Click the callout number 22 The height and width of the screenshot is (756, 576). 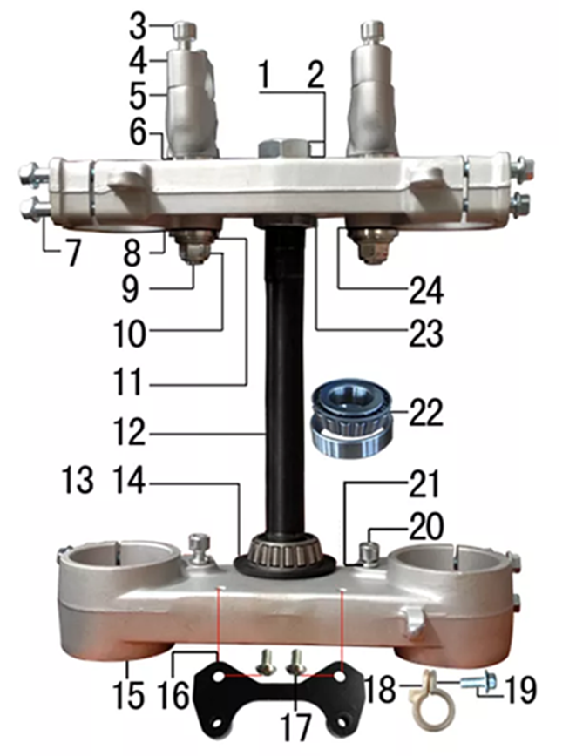click(x=426, y=413)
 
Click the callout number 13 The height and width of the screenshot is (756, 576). click(x=78, y=480)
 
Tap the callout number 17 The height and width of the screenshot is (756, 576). click(x=295, y=727)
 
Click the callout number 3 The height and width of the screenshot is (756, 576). click(x=138, y=28)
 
